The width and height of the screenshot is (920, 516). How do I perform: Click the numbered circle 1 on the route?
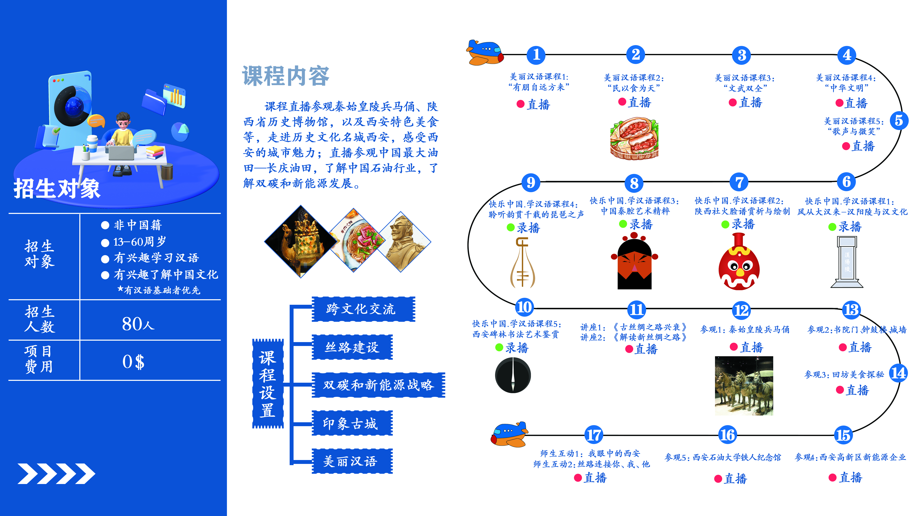tap(536, 55)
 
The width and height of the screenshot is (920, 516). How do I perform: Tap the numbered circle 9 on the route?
tap(531, 183)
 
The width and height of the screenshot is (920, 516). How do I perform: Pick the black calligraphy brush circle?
tap(513, 375)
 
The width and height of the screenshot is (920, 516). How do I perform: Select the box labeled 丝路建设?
tap(352, 347)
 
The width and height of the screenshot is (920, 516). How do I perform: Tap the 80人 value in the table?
tap(138, 324)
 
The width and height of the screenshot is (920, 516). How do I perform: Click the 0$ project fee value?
tap(133, 362)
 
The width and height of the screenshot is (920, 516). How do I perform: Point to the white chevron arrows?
tap(56, 474)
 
